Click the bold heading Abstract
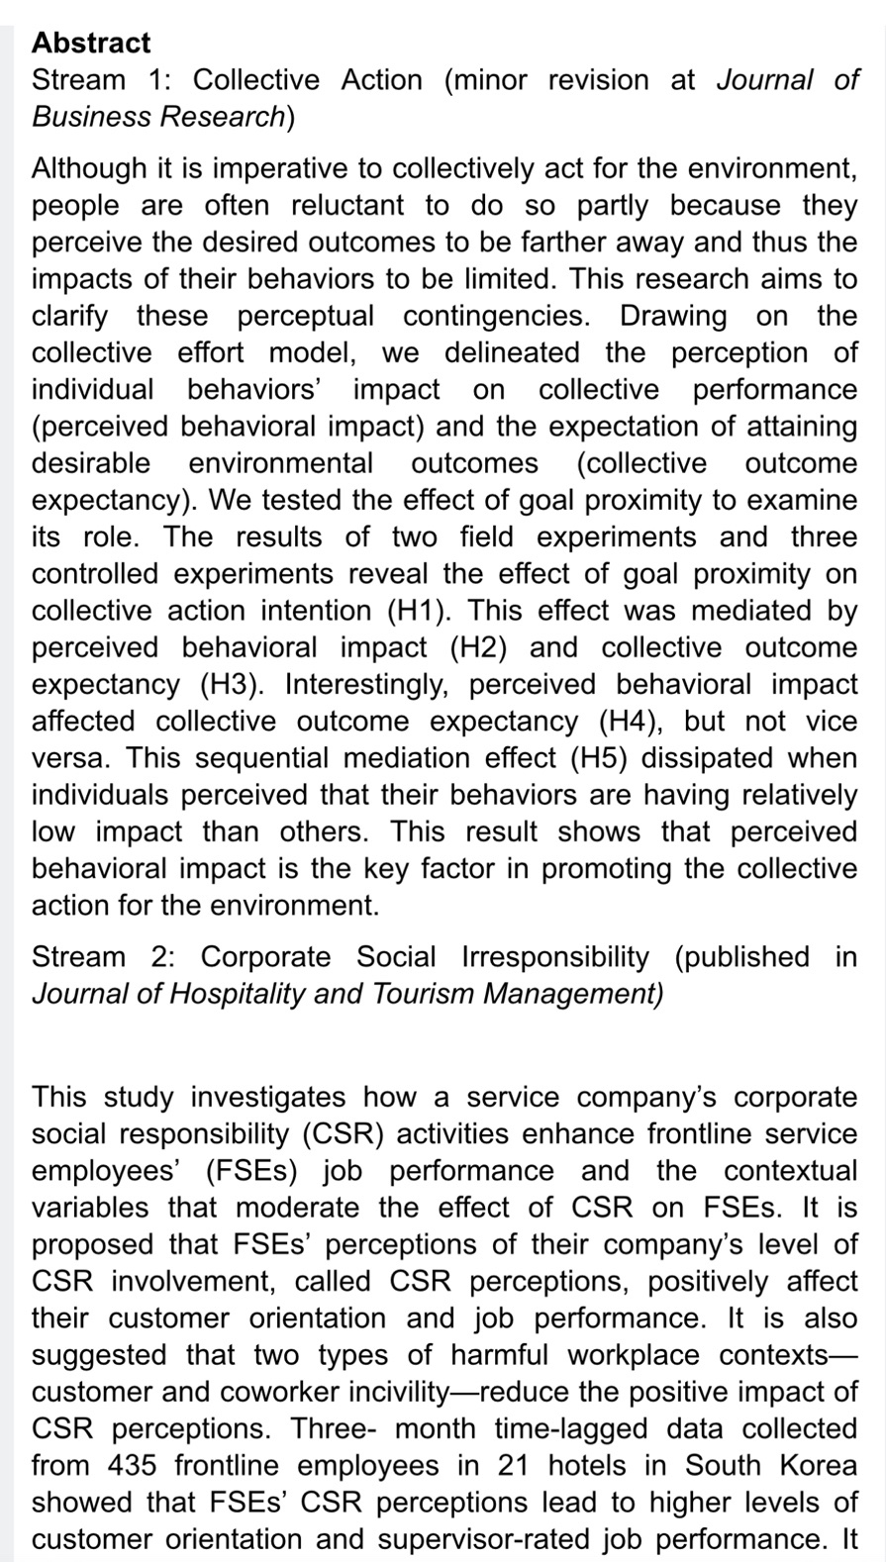coord(91,43)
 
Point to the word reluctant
coord(347,205)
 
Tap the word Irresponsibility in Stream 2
coord(555,957)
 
